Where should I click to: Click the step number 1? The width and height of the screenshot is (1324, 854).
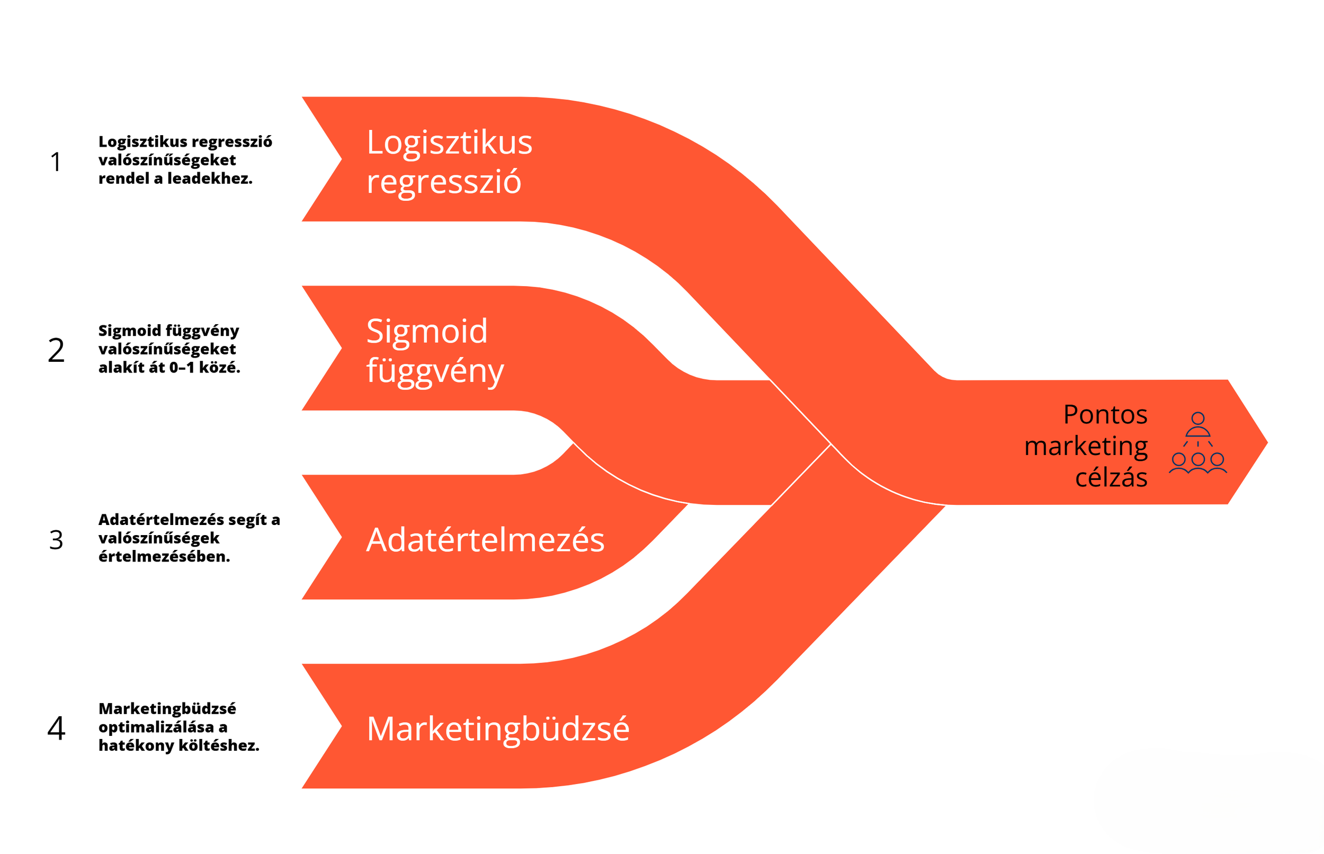pyautogui.click(x=56, y=162)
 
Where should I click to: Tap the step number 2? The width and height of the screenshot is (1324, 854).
pyautogui.click(x=56, y=351)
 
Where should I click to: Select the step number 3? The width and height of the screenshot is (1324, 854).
pyautogui.click(x=56, y=539)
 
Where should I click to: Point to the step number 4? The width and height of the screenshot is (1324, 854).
pyautogui.click(x=56, y=728)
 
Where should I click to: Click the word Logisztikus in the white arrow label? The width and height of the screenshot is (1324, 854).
pyautogui.click(x=449, y=143)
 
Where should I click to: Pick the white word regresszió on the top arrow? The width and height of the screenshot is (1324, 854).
pyautogui.click(x=443, y=181)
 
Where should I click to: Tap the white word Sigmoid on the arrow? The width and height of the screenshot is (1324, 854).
pyautogui.click(x=427, y=331)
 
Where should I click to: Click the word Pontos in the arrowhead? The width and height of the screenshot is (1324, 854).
pyautogui.click(x=1105, y=414)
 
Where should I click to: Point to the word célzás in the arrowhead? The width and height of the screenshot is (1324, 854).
pyautogui.click(x=1111, y=477)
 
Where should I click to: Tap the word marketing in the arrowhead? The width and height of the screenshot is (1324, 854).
pyautogui.click(x=1086, y=446)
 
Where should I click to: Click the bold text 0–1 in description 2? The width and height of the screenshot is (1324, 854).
pyautogui.click(x=182, y=367)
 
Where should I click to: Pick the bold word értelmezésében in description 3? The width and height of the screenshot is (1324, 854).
pyautogui.click(x=164, y=556)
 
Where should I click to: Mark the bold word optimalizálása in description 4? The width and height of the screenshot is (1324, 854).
pyautogui.click(x=156, y=727)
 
